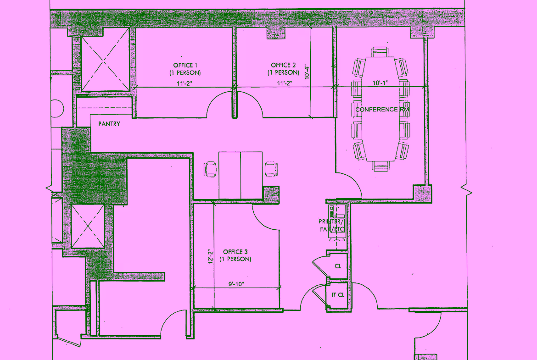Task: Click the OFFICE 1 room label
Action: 185,69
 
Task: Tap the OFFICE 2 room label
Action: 283,69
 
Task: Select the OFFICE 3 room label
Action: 235,255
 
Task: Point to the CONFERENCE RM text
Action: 382,110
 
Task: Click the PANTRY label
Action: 109,124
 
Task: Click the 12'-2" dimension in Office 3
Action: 211,256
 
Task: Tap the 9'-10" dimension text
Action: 236,284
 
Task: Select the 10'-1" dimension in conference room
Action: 380,83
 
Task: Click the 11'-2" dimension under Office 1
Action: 184,83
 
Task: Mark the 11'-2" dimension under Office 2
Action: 284,83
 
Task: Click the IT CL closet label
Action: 338,295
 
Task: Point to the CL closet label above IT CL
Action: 338,266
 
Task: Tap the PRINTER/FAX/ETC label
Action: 331,225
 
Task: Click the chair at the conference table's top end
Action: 380,52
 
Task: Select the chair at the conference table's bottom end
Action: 380,166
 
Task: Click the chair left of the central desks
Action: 210,169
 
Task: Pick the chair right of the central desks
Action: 271,169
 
